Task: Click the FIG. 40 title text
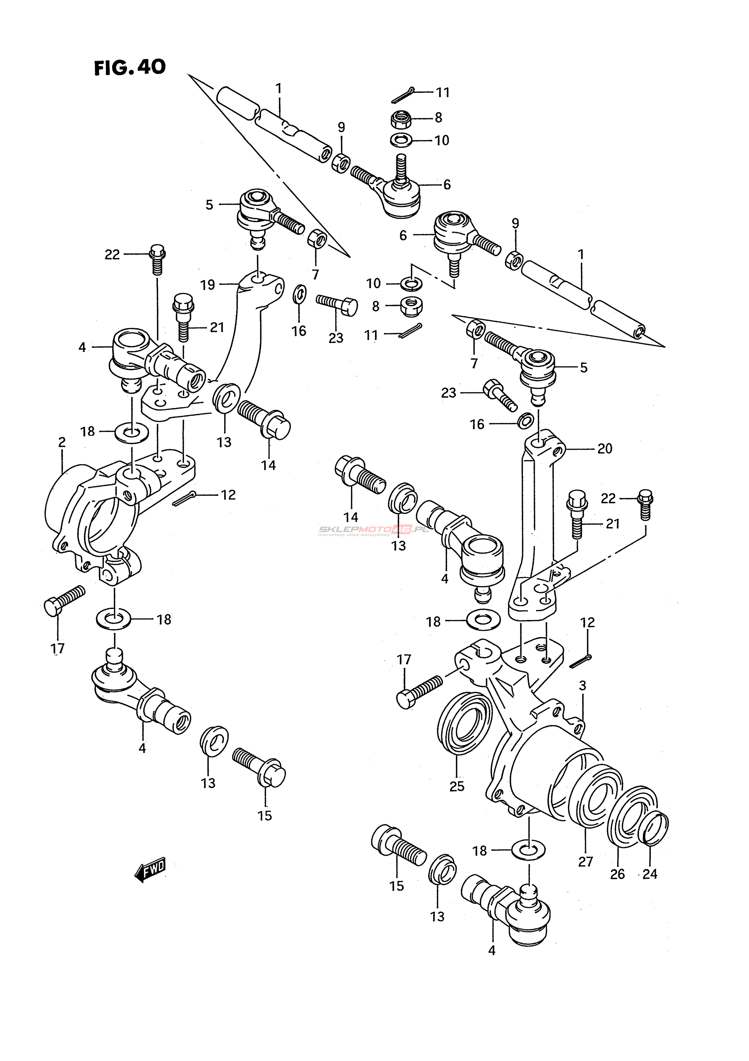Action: click(x=130, y=68)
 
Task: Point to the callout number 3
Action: click(x=582, y=686)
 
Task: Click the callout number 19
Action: click(x=208, y=285)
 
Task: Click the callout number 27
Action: click(x=585, y=861)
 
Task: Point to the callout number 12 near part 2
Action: click(x=228, y=495)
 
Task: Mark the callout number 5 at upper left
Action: click(x=209, y=205)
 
